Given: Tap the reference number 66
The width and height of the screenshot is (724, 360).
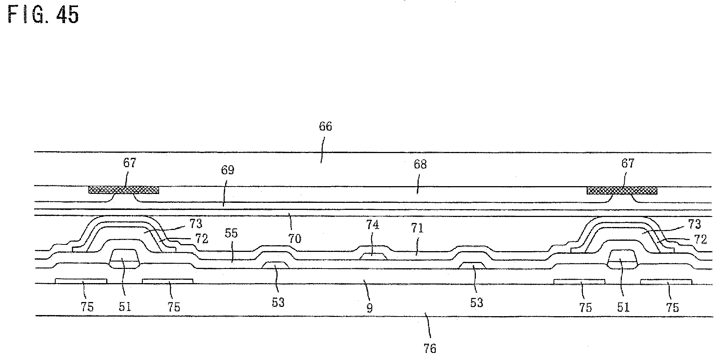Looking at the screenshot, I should click(325, 126).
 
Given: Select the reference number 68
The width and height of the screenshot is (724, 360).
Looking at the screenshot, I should click(420, 164).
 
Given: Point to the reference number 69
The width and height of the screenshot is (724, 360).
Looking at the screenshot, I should click(227, 170).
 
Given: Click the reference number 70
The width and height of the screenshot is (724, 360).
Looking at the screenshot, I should click(295, 238).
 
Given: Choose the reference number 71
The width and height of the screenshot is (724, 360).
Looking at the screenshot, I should click(417, 228).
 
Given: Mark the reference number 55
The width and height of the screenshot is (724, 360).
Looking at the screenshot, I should click(231, 233).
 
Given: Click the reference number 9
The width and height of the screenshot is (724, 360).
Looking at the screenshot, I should click(369, 308).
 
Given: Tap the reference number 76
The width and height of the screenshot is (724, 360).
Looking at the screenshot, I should click(430, 348).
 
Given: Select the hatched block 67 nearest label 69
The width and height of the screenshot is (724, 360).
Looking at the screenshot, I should click(124, 190).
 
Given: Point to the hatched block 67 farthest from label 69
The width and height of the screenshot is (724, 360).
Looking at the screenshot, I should click(622, 191).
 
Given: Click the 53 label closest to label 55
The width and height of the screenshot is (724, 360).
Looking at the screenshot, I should click(278, 302).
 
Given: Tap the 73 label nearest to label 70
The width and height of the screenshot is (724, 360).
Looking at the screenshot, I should click(196, 224).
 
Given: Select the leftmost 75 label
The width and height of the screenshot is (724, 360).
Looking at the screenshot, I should click(87, 307).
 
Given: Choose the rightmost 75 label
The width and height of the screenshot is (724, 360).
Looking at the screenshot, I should click(673, 307).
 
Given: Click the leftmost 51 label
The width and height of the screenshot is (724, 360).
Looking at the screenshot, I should click(125, 307).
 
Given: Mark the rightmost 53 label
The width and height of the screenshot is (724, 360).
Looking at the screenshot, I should click(477, 303).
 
